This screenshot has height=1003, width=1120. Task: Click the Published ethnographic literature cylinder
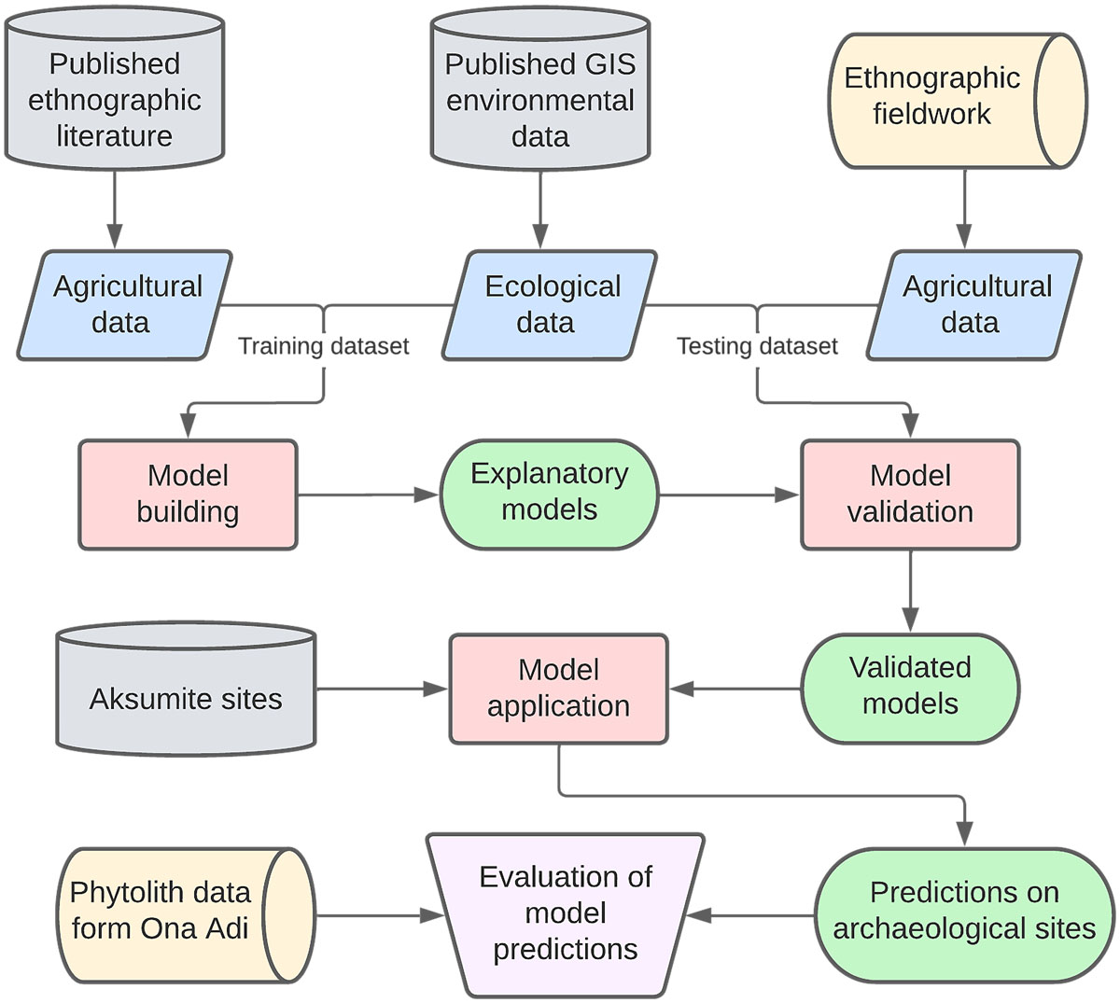tap(115, 100)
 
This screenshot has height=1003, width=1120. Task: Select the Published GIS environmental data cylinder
tap(539, 100)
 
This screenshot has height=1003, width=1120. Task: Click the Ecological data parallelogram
tap(551, 304)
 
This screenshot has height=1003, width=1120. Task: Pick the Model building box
tap(188, 494)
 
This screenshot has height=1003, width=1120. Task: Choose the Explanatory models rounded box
tap(549, 492)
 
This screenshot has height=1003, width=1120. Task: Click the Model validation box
tap(910, 494)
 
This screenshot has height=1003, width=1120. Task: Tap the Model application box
tap(558, 689)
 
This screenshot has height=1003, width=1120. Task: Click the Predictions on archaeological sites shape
tap(964, 912)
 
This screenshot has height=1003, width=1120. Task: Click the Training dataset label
tap(323, 346)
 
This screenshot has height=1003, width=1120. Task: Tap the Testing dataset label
tap(757, 346)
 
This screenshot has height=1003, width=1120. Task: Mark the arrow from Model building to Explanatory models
tap(368, 495)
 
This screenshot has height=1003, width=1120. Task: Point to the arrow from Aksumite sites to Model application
tap(383, 689)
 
